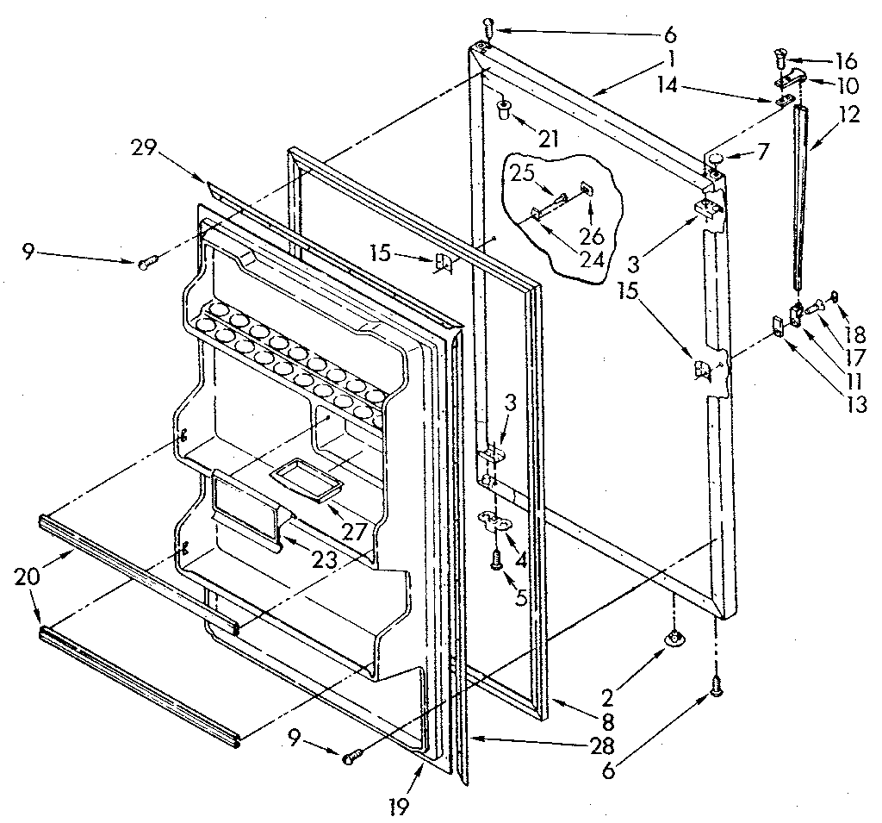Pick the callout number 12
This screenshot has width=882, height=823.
pos(849,115)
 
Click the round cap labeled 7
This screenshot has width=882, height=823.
pos(715,157)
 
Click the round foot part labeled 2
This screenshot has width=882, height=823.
pos(674,638)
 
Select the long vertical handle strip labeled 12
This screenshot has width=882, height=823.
pos(801,198)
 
